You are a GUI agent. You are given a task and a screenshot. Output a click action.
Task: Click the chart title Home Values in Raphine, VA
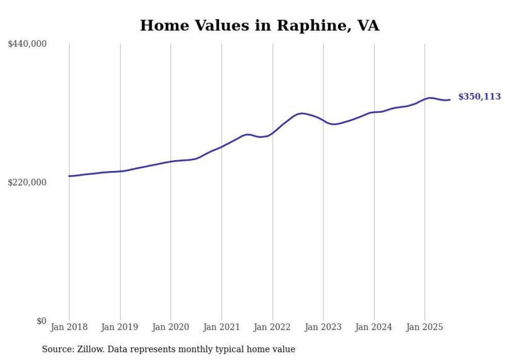coord(259,26)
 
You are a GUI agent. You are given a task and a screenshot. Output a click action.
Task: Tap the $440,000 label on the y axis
coord(27,44)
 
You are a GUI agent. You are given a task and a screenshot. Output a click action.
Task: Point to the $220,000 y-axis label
coord(27,182)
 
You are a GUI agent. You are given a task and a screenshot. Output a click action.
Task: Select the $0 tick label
coord(41,321)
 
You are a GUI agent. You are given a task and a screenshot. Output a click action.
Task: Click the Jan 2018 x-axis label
coord(69,327)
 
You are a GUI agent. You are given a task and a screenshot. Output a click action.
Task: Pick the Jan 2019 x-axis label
coord(120,327)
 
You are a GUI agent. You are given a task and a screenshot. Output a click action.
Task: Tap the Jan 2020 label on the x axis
coord(171,327)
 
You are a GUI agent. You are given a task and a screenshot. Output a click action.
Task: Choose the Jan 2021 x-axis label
coord(222,327)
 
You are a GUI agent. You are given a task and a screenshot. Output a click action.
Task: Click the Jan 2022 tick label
coord(273,327)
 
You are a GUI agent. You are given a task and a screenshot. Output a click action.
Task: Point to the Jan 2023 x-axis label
coord(323,327)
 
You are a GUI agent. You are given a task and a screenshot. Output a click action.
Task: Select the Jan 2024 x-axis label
coord(374,327)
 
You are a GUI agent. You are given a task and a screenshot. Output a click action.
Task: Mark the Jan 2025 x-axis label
coord(425,327)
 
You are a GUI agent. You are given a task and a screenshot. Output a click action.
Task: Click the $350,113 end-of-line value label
coord(479,97)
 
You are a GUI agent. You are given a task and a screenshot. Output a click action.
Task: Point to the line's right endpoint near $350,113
coord(450,100)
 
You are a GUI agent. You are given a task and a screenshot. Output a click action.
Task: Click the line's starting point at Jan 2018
coord(69,176)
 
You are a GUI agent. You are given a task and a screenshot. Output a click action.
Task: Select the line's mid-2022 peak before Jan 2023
coord(302,113)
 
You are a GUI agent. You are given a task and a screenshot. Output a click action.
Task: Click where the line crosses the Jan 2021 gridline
coord(222,147)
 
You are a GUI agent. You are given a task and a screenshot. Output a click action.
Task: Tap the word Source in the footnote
coord(55,349)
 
